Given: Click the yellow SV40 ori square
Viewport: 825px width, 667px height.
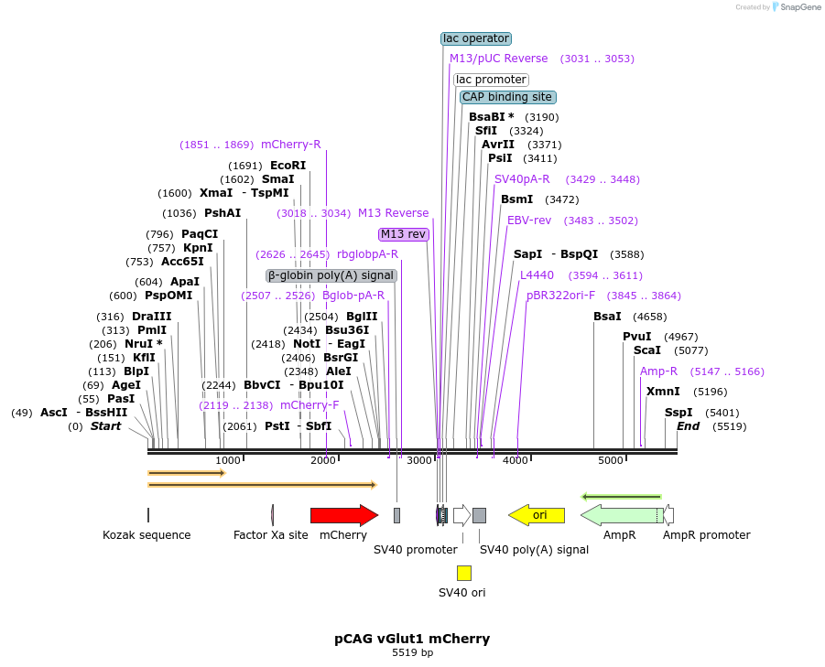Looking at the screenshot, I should (464, 573).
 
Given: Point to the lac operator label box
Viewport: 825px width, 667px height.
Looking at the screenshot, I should (476, 38).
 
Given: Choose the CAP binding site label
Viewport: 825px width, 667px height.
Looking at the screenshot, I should (507, 97).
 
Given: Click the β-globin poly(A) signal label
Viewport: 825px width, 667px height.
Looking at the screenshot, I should (331, 275).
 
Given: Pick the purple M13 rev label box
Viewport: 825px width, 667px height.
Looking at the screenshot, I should (404, 234).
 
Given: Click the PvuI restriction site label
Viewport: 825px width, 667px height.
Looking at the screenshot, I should (637, 337).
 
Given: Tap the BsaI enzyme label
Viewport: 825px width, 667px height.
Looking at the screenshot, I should (607, 317).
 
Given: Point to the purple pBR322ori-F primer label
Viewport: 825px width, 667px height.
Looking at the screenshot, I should (560, 296).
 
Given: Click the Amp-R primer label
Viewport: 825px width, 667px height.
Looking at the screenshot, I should (658, 371).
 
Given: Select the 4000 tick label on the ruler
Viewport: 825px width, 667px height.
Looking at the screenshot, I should (516, 460).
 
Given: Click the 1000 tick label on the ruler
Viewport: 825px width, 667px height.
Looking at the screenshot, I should (227, 460).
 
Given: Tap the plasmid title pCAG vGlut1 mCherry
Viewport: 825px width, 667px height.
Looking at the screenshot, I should (412, 639).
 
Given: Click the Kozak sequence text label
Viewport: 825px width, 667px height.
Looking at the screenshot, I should (147, 535).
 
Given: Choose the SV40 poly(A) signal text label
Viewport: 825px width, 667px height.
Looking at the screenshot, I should (534, 550).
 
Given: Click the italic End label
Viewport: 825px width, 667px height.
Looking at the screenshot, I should (688, 426).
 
